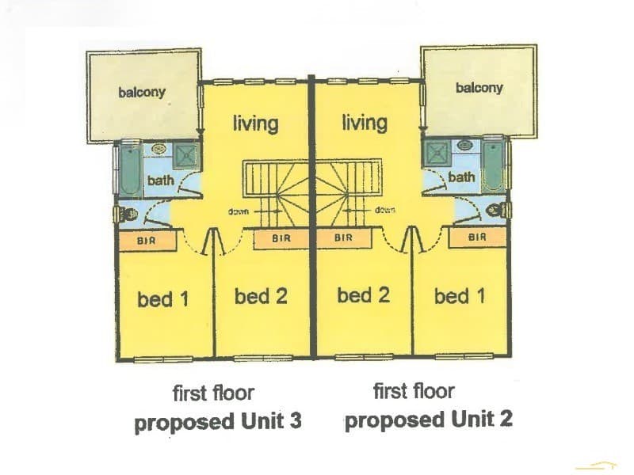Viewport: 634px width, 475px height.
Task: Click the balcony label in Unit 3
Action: point(142,93)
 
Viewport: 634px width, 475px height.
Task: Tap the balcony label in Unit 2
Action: point(479,88)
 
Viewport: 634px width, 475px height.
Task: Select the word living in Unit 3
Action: point(255,123)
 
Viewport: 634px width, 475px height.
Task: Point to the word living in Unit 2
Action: point(365,122)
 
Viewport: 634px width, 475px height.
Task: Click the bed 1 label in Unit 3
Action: point(163,299)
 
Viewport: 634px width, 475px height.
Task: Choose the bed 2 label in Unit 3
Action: point(261,296)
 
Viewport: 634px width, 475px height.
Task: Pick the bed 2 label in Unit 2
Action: point(364,294)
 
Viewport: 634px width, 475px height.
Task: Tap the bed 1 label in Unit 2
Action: point(460,296)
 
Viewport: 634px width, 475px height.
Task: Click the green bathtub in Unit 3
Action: point(130,169)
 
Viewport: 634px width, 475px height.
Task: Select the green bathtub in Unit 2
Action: point(494,166)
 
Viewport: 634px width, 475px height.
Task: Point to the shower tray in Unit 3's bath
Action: point(186,155)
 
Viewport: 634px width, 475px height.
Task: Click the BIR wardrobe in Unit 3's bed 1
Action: point(147,241)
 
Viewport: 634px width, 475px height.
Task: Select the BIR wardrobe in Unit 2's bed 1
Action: point(477,237)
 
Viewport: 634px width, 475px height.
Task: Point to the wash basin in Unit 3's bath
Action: point(158,150)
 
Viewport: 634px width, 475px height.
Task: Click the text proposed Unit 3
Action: point(218,422)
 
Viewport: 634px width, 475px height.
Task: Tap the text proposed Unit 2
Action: point(429,420)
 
